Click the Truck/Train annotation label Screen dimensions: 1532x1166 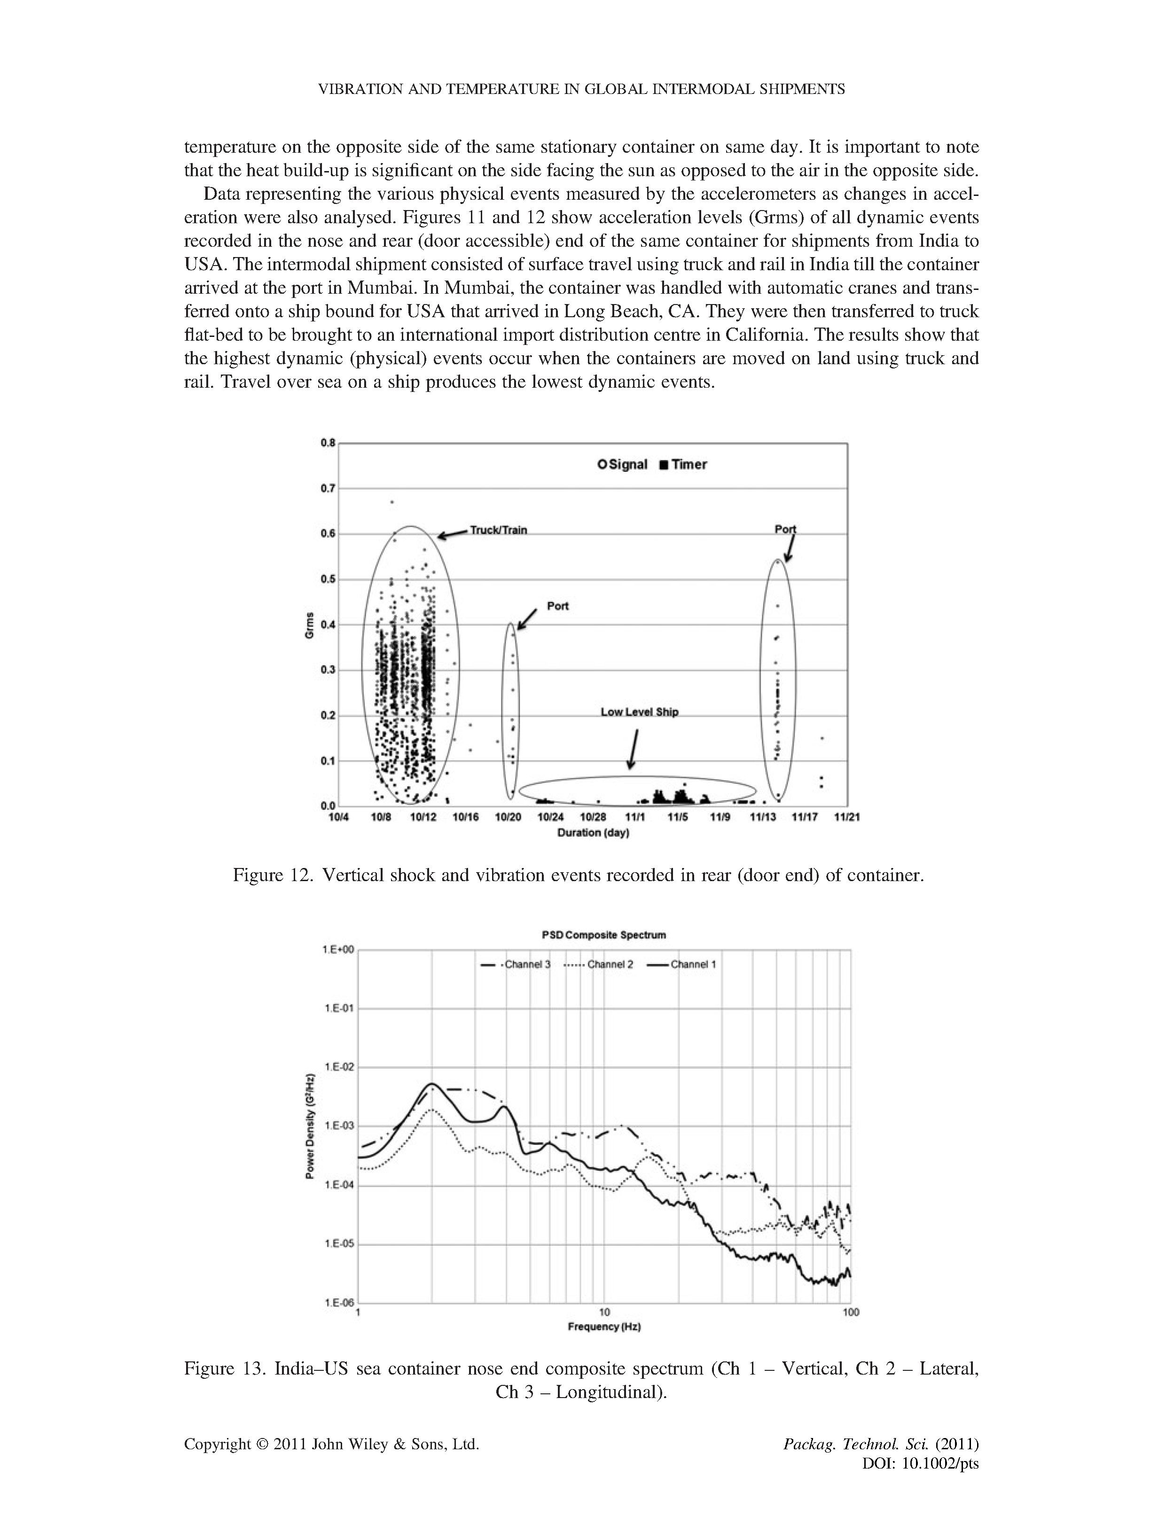click(x=498, y=530)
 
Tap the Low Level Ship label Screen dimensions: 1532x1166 click(x=639, y=712)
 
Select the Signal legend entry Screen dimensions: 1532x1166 click(x=623, y=464)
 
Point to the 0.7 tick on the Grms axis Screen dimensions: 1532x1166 click(x=328, y=488)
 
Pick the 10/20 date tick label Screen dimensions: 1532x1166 click(x=508, y=817)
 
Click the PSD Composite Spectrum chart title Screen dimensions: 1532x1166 click(x=603, y=935)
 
